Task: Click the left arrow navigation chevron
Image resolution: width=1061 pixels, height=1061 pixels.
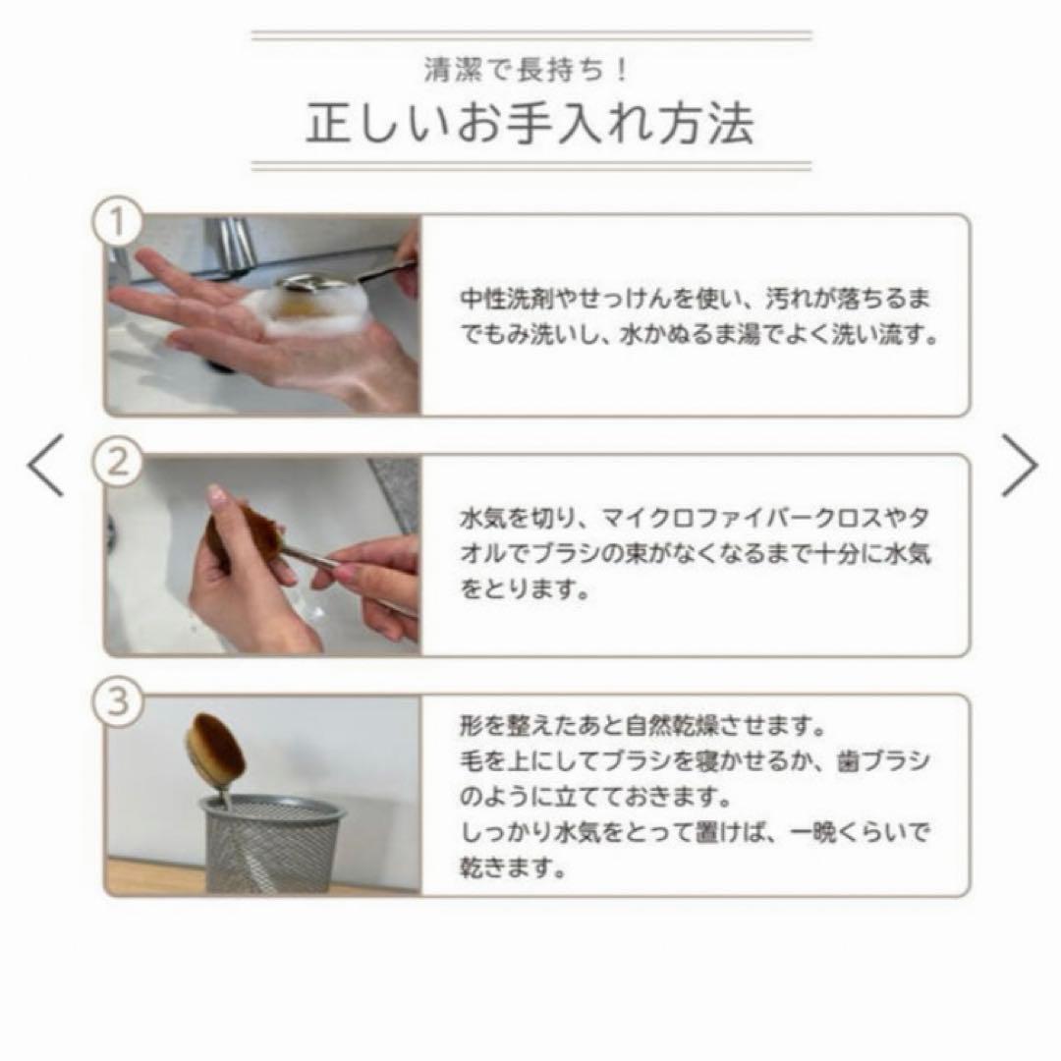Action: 46,465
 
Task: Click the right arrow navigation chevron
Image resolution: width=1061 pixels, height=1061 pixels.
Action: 1019,465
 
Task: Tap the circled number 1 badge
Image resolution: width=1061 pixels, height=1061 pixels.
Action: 117,224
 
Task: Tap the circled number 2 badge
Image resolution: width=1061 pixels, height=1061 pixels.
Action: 117,463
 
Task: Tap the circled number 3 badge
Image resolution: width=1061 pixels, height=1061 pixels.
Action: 117,702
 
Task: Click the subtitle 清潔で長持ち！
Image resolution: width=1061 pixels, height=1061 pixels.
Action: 530,71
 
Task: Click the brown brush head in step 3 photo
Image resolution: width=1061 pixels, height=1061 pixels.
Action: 215,752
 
